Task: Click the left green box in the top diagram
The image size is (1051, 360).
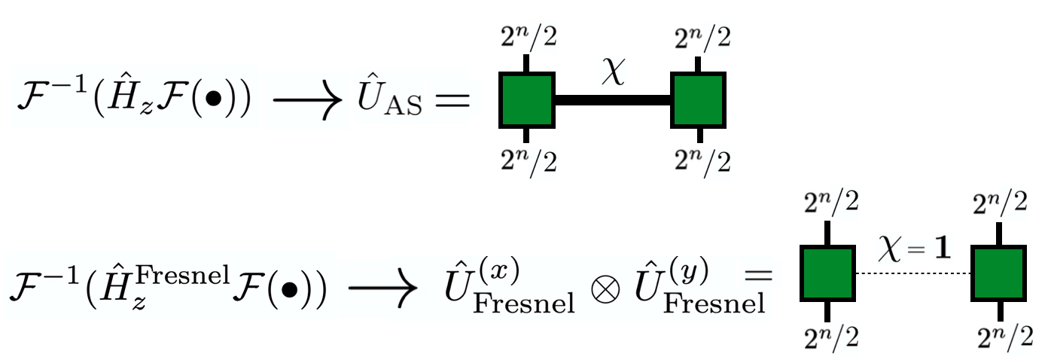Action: point(526,100)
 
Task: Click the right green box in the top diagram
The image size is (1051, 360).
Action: point(699,100)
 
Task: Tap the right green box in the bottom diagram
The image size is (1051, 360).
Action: point(998,274)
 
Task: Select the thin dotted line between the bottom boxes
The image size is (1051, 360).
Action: point(912,274)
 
